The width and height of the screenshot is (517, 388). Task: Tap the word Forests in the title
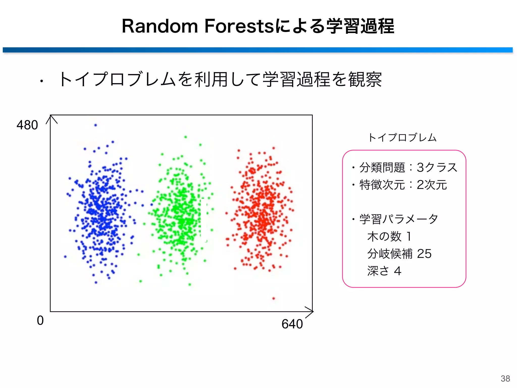point(239,26)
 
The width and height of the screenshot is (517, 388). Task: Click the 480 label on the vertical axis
point(27,125)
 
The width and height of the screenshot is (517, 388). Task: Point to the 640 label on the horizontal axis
point(292,324)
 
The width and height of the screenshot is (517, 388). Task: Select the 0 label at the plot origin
point(40,321)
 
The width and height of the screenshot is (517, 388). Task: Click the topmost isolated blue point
point(95,125)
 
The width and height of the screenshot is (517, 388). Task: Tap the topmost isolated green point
point(186,137)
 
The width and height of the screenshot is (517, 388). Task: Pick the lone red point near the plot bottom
point(274,298)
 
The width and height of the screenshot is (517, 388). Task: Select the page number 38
point(505,378)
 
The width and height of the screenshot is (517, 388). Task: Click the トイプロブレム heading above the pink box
point(402,138)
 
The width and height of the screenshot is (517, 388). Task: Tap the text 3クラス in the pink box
point(437,167)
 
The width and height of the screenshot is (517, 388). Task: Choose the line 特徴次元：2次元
point(403,185)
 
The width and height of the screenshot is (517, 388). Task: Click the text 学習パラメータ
point(399,219)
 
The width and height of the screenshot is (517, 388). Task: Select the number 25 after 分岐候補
point(424,254)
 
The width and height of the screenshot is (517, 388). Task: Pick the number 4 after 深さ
point(398,271)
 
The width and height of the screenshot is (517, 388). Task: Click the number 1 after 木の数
point(409,236)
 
